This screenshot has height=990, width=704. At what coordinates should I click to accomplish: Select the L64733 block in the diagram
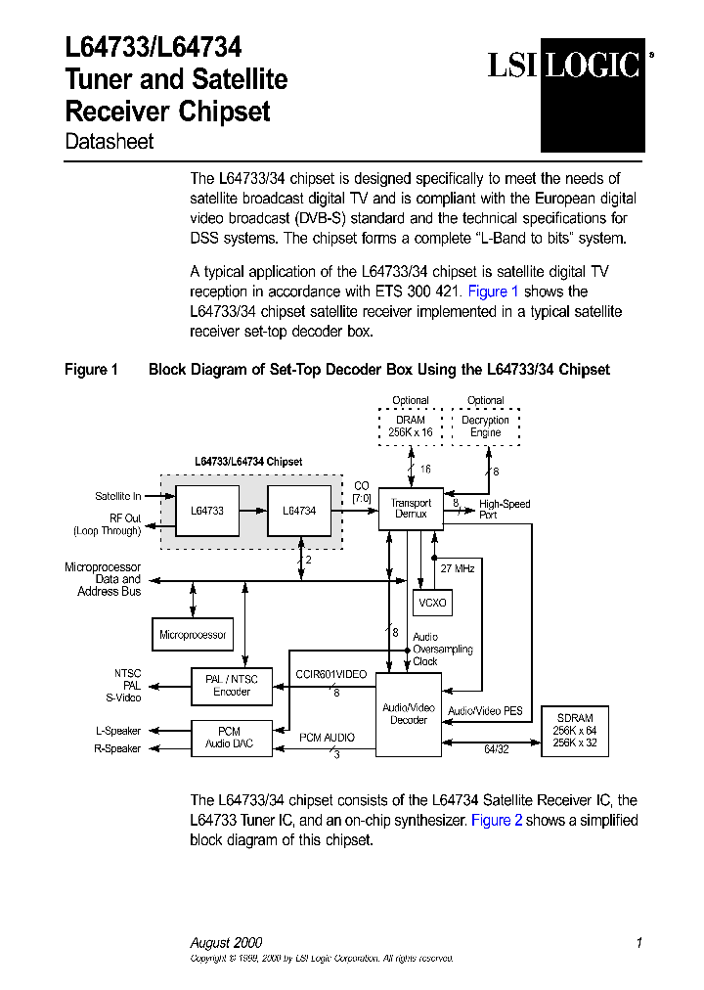click(x=206, y=511)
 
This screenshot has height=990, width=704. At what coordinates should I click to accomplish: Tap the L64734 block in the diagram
click(x=298, y=511)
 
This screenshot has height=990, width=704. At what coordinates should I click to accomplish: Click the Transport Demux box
click(x=411, y=509)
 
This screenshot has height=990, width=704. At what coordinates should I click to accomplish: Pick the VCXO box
click(x=431, y=603)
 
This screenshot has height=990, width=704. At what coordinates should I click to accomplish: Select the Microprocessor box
click(x=193, y=635)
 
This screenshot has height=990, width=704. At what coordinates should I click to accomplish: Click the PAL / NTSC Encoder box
click(x=232, y=686)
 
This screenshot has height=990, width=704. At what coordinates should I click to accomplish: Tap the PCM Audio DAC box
click(x=229, y=738)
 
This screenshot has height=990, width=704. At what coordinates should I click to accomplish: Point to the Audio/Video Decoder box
click(x=409, y=714)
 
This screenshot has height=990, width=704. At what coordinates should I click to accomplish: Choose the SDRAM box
click(x=574, y=731)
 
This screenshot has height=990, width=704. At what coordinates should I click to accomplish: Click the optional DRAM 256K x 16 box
click(x=411, y=427)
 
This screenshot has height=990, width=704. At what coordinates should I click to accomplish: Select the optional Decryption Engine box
click(x=485, y=427)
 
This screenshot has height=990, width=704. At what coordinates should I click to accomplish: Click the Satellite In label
click(x=118, y=496)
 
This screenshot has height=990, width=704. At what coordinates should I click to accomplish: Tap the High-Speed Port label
click(x=504, y=509)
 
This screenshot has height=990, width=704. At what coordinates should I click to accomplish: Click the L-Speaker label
click(x=118, y=731)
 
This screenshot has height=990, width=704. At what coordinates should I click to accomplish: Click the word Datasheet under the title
click(x=110, y=142)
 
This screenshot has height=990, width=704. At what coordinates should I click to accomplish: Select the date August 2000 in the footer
click(x=226, y=943)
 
